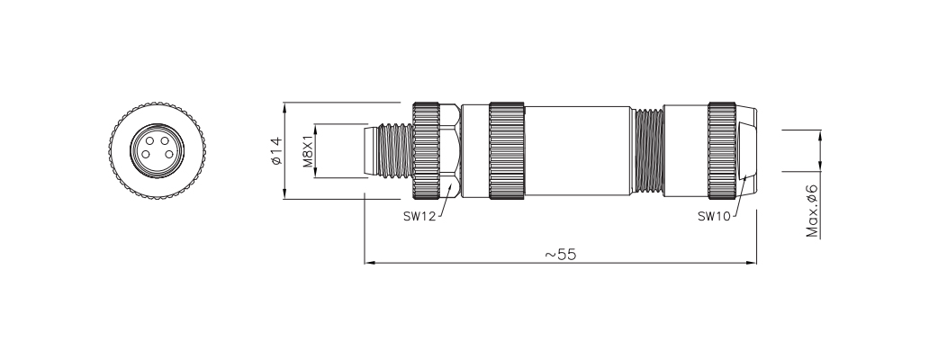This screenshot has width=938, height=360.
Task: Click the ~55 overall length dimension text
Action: tap(560, 254)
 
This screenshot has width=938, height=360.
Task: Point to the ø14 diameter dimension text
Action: tap(275, 149)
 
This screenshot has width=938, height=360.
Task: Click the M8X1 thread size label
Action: tap(307, 149)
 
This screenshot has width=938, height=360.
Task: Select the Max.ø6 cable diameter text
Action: tap(812, 211)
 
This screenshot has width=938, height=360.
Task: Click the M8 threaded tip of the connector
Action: tap(387, 149)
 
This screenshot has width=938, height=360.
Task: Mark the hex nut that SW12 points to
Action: tap(450, 149)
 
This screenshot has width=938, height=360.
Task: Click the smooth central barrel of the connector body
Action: tap(576, 149)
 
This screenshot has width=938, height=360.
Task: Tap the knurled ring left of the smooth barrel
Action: tap(508, 149)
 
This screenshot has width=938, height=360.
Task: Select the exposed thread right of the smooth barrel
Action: tap(647, 149)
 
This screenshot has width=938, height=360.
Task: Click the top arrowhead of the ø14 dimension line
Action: tap(285, 105)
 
